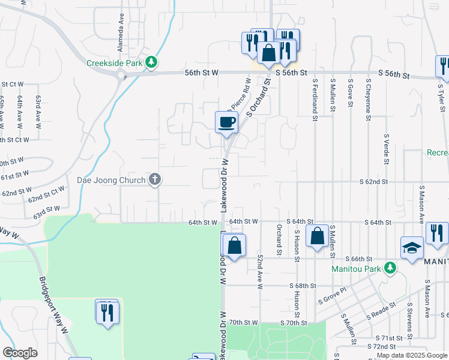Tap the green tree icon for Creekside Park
click(152, 61)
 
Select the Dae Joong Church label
click(111, 180)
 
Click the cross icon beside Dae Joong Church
click(155, 179)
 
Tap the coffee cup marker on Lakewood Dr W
click(227, 124)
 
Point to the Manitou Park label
click(357, 268)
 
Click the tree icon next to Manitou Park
click(391, 268)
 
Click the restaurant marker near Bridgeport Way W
click(107, 313)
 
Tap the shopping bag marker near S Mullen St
click(317, 236)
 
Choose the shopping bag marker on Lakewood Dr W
click(234, 245)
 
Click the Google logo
click(20, 353)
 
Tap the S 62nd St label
click(374, 181)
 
